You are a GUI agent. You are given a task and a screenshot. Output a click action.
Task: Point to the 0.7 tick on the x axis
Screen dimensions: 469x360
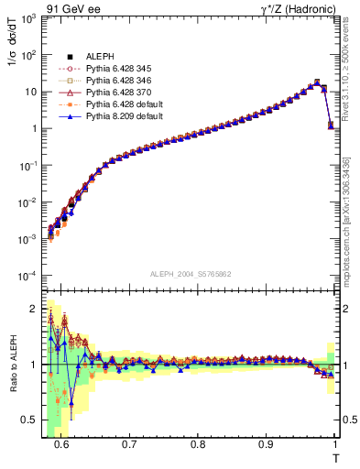pos(129,444)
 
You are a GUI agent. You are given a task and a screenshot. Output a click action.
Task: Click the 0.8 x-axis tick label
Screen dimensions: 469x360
pos(198,444)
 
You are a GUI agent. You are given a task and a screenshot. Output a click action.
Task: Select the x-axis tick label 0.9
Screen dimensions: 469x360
pos(266,444)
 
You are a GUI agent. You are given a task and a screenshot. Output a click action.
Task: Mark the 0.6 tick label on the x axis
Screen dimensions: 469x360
pos(61,444)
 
